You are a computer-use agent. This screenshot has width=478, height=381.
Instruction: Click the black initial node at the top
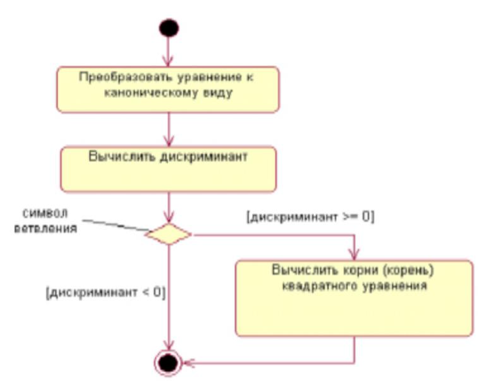[x=169, y=28]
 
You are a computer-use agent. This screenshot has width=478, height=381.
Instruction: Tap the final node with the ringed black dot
[x=168, y=363]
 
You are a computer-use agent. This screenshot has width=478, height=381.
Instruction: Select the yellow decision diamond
[x=168, y=234]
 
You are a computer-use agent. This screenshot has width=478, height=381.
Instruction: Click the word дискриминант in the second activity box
[x=203, y=156]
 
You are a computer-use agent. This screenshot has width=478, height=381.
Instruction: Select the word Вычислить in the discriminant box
[x=123, y=156]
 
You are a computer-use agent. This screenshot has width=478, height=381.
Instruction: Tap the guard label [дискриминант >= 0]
[x=310, y=217]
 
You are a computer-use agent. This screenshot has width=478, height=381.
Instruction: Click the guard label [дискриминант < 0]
[x=106, y=292]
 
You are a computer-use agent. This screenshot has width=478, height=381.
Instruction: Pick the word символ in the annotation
[x=45, y=213]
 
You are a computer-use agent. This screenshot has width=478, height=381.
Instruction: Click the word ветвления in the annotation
[x=45, y=228]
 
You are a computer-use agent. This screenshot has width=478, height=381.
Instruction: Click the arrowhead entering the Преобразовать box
[x=168, y=60]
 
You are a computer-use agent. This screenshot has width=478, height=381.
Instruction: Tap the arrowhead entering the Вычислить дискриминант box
[x=168, y=141]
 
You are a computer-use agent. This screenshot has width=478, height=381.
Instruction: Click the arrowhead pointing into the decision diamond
[x=168, y=217]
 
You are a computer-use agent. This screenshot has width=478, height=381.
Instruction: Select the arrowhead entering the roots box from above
[x=354, y=254]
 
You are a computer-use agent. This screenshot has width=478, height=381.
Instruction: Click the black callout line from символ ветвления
[x=116, y=225]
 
